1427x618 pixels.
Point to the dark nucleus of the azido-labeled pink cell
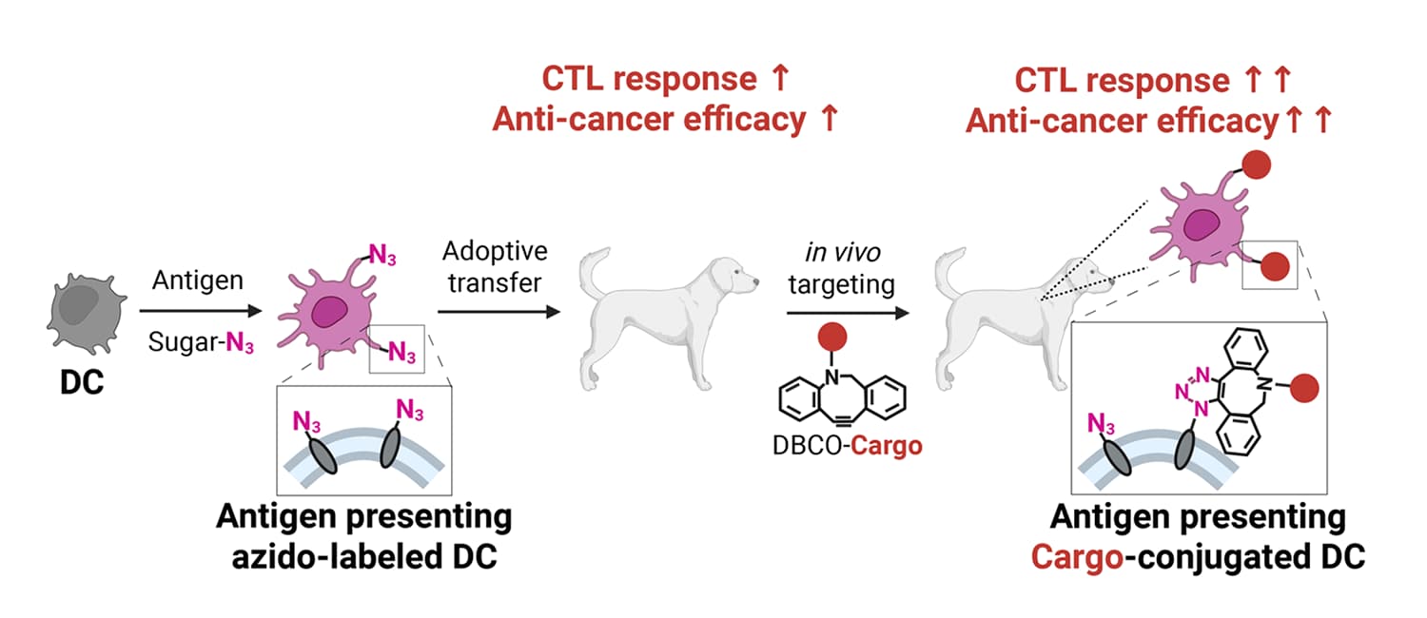tap(332, 311)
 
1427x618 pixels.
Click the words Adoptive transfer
tap(495, 267)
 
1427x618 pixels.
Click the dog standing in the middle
tap(666, 314)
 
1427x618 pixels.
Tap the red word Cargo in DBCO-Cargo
tap(887, 445)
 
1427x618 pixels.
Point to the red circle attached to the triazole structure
tap(1306, 387)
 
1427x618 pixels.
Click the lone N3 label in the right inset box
tap(1102, 421)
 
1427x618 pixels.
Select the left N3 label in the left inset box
tap(307, 421)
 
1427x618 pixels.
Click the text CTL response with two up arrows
tap(1122, 80)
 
